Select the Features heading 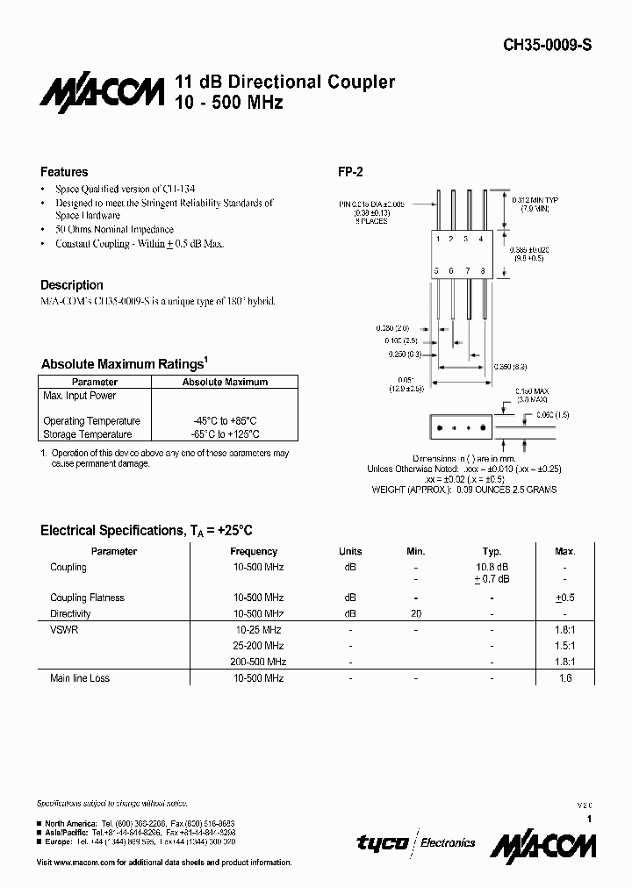(x=64, y=172)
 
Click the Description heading (x=72, y=285)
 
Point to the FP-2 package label (x=350, y=172)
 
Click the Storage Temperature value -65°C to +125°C (x=225, y=434)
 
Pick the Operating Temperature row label (x=91, y=421)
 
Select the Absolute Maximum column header (x=225, y=383)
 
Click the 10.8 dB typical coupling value (x=492, y=567)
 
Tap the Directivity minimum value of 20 (x=416, y=613)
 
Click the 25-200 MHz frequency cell (x=258, y=646)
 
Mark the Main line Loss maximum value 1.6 (x=564, y=678)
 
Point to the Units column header (x=350, y=552)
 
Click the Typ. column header (x=492, y=552)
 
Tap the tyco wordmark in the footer (x=382, y=842)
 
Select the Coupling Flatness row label (x=87, y=598)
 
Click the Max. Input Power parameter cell (x=80, y=397)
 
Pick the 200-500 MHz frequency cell (x=258, y=662)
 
